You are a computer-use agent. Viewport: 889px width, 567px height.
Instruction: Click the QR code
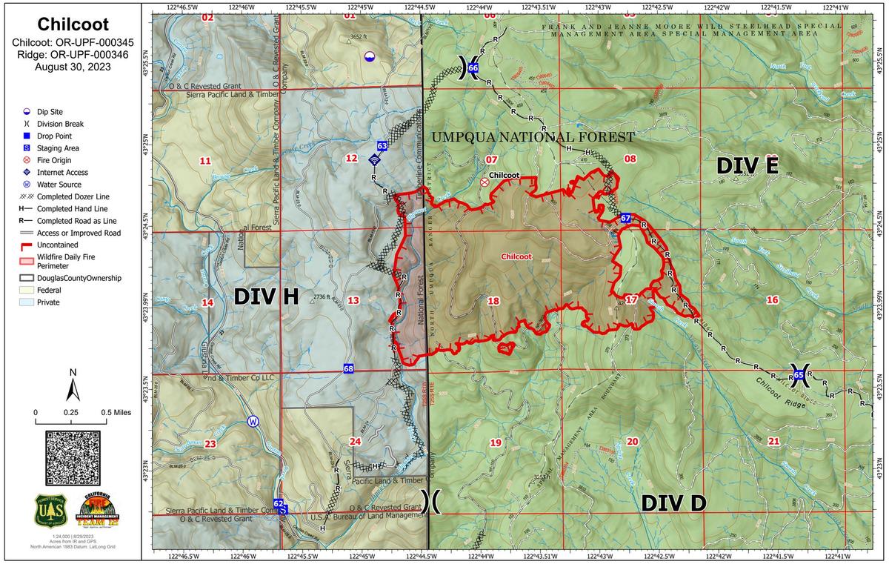tap(73, 457)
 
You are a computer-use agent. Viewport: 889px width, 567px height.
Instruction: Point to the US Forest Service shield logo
tap(50, 511)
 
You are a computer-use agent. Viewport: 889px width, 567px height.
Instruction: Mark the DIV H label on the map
tap(266, 296)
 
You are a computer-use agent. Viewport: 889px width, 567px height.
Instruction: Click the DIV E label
tap(746, 166)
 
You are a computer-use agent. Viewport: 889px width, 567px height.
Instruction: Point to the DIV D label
tap(673, 503)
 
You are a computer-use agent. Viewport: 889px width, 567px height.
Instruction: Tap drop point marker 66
tap(473, 69)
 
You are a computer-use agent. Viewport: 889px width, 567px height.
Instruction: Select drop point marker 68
tap(348, 368)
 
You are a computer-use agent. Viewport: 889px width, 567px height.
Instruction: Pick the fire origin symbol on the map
tap(485, 182)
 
